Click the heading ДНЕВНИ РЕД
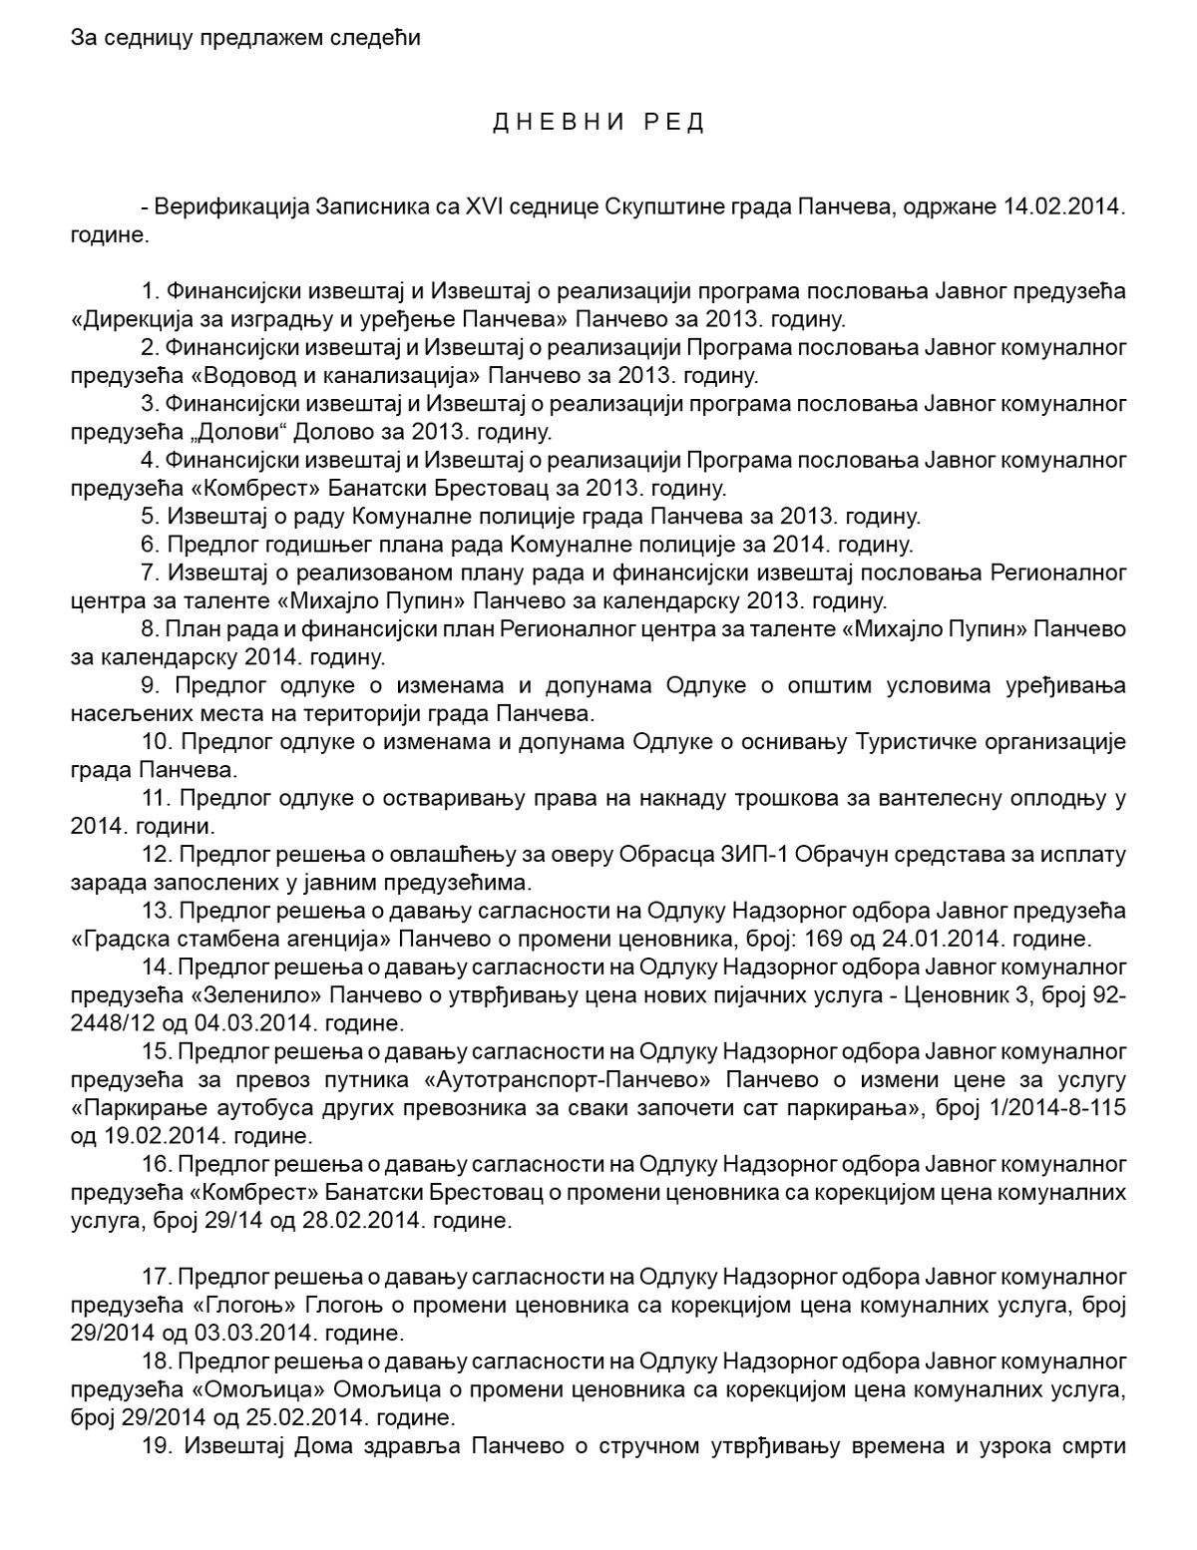(598, 123)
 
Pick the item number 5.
(151, 517)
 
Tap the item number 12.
(158, 855)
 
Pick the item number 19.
(158, 1444)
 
